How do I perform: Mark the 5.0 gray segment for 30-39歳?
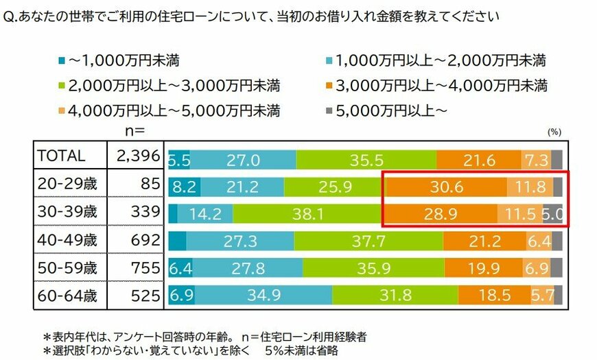(x=553, y=213)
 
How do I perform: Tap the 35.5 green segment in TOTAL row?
(x=366, y=158)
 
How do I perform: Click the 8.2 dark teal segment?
(x=184, y=186)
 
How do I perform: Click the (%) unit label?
(x=554, y=130)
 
